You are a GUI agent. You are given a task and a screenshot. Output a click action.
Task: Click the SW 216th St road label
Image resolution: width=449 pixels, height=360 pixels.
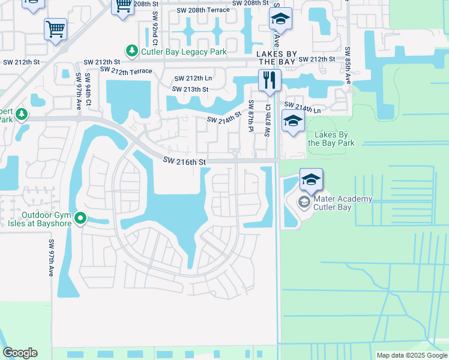[x=185, y=162]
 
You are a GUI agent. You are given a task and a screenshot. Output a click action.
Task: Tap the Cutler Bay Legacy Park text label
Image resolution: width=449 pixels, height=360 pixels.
[x=184, y=52]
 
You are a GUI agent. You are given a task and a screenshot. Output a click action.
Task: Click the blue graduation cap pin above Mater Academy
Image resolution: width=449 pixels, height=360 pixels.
[x=311, y=179]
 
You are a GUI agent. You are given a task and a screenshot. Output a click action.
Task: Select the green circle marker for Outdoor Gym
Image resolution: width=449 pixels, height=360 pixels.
[x=80, y=218]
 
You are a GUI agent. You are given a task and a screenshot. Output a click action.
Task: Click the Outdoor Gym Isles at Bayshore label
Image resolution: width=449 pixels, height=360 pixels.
[x=46, y=219]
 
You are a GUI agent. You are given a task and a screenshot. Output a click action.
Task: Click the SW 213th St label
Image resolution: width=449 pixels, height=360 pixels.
[x=190, y=89]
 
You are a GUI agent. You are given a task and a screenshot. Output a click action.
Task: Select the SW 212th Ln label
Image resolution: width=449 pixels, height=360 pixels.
[x=193, y=79]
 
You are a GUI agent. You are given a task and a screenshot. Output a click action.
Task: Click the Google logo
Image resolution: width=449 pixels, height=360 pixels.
[x=20, y=353]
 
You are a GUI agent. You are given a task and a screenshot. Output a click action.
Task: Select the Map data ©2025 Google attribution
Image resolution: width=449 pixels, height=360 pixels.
[x=411, y=355]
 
